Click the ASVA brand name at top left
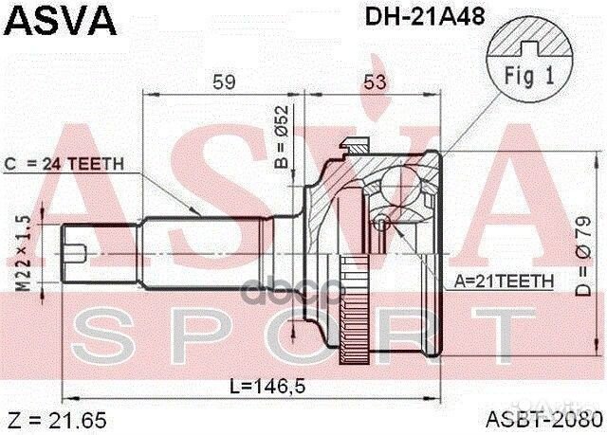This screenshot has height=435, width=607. (x=59, y=20)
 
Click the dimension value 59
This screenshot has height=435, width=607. (x=224, y=83)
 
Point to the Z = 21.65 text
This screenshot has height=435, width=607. (x=46, y=418)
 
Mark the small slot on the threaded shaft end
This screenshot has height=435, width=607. (x=82, y=252)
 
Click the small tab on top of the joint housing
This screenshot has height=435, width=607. (x=354, y=144)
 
